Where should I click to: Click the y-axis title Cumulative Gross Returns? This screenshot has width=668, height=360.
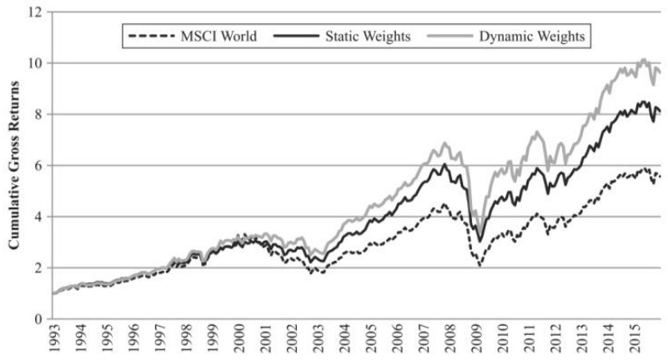pyautogui.click(x=14, y=165)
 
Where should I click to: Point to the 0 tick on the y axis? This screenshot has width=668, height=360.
pyautogui.click(x=37, y=318)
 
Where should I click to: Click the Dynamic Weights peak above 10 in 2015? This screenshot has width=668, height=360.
pyautogui.click(x=643, y=60)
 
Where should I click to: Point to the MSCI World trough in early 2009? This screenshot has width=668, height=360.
pyautogui.click(x=479, y=266)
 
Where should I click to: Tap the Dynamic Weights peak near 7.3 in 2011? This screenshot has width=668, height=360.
pyautogui.click(x=537, y=132)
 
